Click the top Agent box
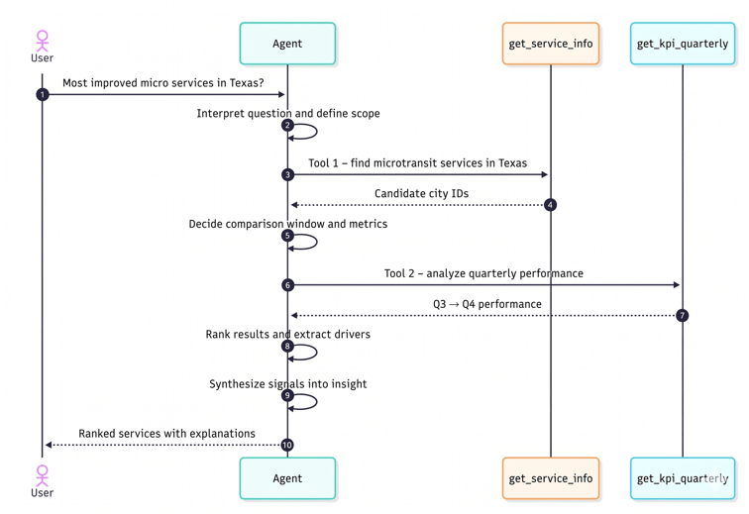(287, 44)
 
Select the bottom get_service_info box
(550, 478)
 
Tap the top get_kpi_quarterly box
(683, 44)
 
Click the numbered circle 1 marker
(43, 94)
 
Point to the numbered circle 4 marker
(551, 205)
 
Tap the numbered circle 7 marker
(683, 315)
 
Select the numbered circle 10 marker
(287, 445)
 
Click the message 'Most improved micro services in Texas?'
(163, 83)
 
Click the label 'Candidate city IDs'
(421, 193)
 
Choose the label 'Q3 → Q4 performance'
(486, 304)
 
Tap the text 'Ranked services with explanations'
(166, 434)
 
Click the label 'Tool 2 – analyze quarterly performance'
(483, 273)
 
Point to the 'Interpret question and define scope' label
(287, 114)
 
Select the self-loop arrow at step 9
(305, 401)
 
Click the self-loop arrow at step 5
(305, 242)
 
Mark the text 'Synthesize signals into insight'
(287, 384)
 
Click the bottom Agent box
(287, 478)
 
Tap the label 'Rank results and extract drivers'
(287, 335)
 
